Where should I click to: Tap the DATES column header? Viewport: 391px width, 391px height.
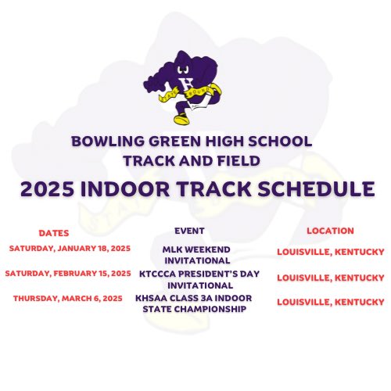(54, 233)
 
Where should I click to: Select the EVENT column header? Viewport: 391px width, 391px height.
(192, 231)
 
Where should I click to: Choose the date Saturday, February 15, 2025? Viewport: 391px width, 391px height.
(68, 274)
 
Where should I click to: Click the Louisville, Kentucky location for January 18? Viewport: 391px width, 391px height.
(330, 252)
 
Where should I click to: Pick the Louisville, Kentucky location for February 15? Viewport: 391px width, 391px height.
(330, 278)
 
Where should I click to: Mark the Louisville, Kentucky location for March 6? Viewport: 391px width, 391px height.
(330, 302)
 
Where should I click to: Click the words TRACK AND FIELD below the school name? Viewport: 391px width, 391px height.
(192, 161)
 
